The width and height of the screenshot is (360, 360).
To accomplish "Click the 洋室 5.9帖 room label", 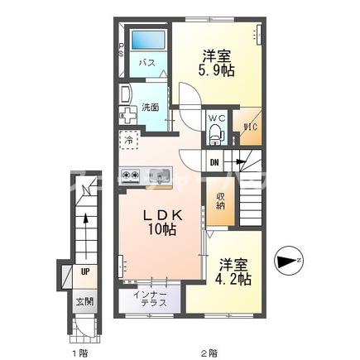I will pos(218,64).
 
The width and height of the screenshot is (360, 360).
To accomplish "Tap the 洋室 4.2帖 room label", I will pos(234,273).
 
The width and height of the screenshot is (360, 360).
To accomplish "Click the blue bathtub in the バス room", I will pos(151,39).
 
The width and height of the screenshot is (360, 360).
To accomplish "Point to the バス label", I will pos(147,63).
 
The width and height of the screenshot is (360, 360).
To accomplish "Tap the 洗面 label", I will pos(150,107).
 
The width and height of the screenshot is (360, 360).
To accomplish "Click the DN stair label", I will pos(214,162).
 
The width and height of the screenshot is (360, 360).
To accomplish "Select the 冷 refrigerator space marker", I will pos(129,142).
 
